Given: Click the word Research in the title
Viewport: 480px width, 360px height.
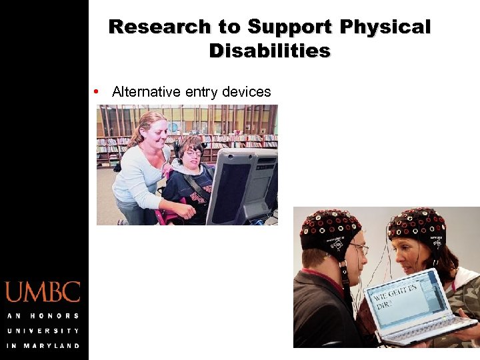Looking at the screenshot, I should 149,27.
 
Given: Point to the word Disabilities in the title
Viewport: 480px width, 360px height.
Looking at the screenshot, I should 269,51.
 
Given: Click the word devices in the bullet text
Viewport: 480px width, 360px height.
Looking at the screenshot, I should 247,92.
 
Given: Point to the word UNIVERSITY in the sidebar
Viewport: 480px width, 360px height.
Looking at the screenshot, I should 43,331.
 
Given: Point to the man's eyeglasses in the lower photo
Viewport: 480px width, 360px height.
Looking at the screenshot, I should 358,249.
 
